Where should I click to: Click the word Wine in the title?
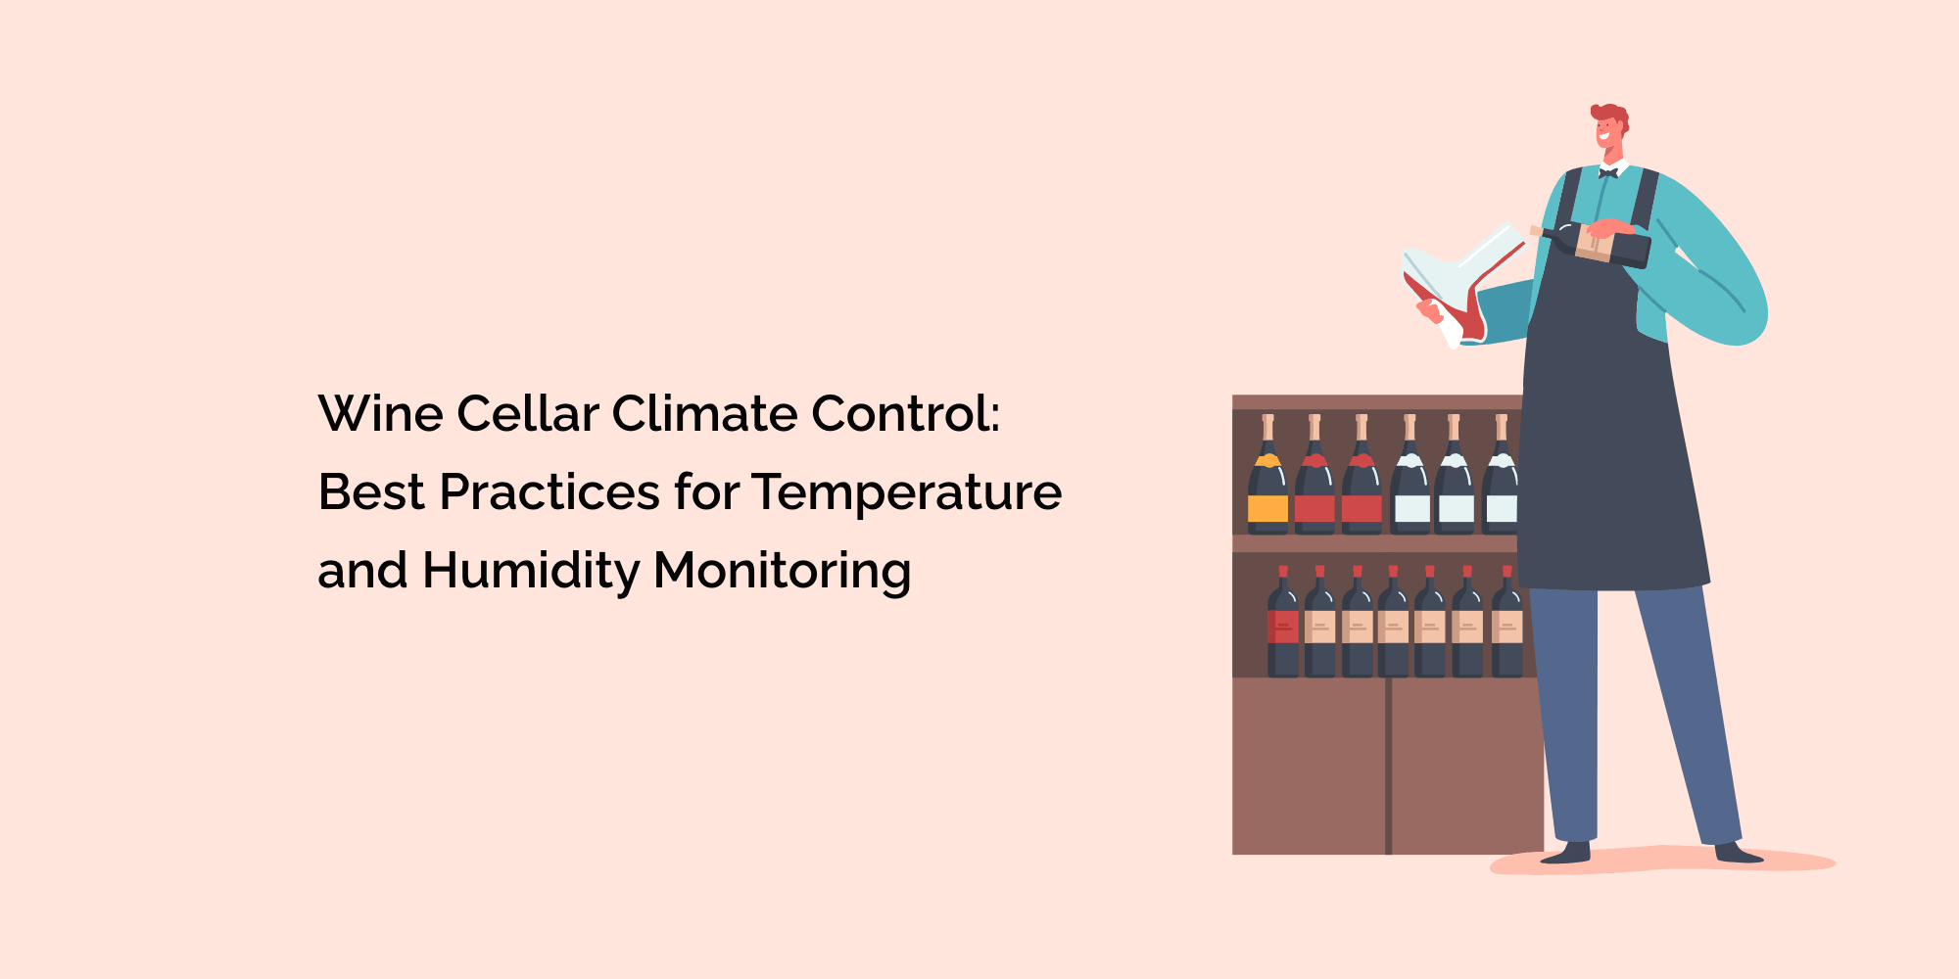tap(381, 413)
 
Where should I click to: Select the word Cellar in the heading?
tap(527, 413)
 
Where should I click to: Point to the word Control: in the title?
tap(905, 413)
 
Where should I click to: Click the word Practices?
tap(549, 491)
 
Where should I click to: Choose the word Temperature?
tap(907, 491)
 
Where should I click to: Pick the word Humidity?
tap(531, 571)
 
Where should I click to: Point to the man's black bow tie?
tap(1607, 173)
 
